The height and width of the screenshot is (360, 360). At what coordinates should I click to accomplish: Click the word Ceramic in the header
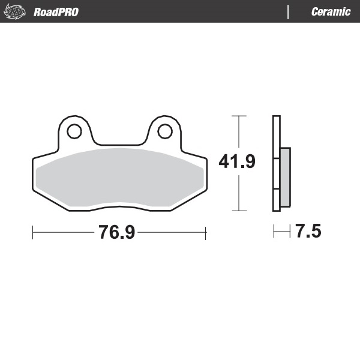[331, 11]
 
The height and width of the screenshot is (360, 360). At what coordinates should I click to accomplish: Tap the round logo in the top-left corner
[17, 11]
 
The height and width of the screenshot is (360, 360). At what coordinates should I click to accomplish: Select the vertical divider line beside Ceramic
[289, 11]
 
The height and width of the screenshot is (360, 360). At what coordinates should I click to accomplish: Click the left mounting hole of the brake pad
[74, 131]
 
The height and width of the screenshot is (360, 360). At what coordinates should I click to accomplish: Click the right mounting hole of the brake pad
[164, 131]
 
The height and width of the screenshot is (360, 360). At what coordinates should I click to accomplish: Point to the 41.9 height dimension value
[237, 162]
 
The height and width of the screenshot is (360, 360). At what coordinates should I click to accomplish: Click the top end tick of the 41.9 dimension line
[239, 115]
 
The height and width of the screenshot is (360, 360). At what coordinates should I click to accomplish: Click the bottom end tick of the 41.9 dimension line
[239, 211]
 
